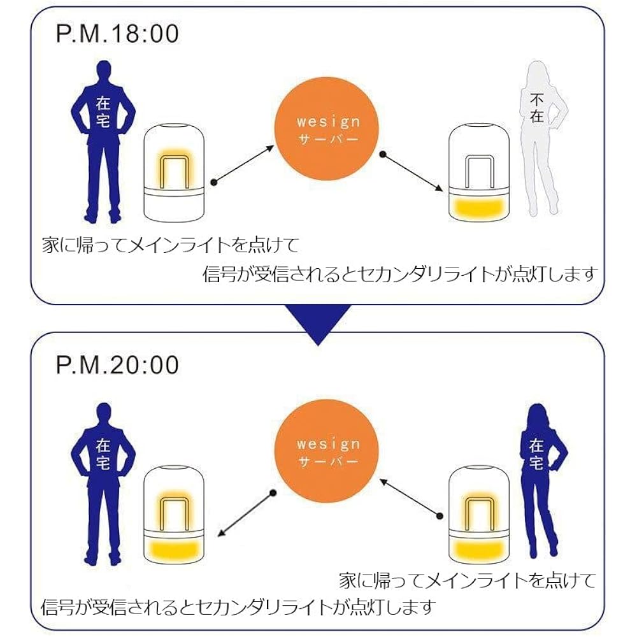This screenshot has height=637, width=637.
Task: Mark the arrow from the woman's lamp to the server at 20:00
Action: coord(411,496)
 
